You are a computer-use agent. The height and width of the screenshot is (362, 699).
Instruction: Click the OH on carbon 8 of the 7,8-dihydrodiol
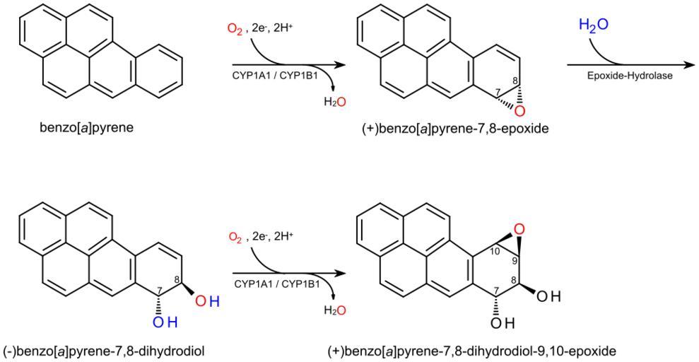click(x=206, y=303)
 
